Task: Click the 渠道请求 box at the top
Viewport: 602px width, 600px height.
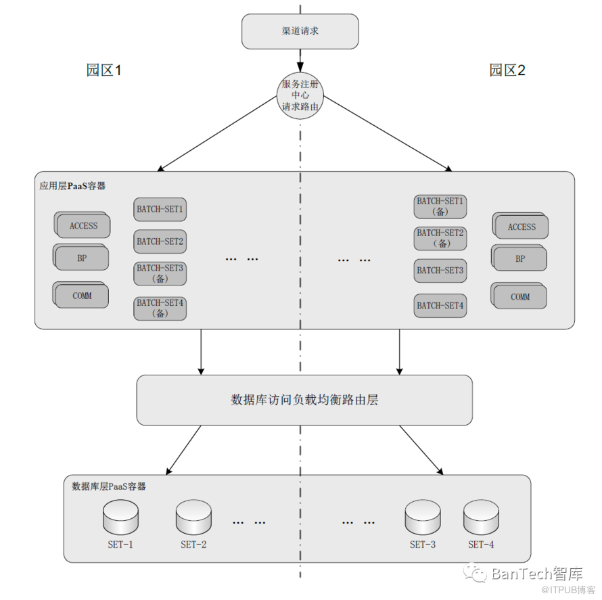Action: click(x=300, y=31)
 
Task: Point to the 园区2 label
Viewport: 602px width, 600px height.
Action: click(x=507, y=70)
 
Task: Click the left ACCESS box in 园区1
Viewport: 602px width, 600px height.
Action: click(x=83, y=226)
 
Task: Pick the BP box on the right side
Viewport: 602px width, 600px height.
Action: click(x=520, y=259)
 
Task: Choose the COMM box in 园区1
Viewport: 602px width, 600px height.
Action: click(x=82, y=296)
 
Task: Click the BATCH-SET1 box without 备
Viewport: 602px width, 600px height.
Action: click(x=160, y=209)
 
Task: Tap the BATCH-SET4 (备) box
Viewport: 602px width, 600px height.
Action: click(x=160, y=308)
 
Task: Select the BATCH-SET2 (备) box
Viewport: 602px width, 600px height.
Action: click(x=440, y=238)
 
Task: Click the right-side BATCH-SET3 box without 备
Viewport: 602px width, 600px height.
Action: click(x=440, y=271)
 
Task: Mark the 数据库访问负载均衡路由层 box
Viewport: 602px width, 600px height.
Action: click(x=304, y=400)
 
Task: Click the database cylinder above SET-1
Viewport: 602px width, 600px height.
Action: click(x=120, y=518)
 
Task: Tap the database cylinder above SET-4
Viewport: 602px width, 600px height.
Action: click(x=481, y=518)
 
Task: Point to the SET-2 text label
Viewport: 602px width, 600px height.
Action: click(x=193, y=545)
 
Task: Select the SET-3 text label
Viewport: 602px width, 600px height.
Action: click(x=423, y=545)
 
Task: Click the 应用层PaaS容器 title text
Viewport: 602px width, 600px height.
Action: click(x=72, y=185)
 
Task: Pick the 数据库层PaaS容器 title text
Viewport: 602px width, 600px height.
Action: click(x=109, y=486)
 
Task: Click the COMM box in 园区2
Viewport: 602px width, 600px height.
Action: click(x=520, y=297)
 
